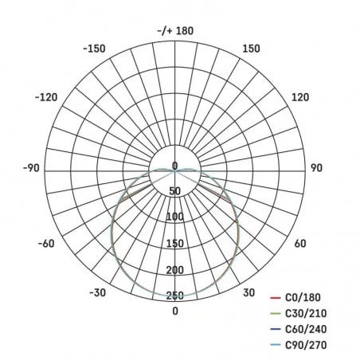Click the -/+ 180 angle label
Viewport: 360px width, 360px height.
[x=175, y=31]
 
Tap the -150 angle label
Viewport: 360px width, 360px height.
[x=94, y=49]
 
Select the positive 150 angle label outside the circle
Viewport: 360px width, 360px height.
[x=251, y=49]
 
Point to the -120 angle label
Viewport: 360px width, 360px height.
[x=47, y=97]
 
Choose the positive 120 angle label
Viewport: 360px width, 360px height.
[x=300, y=97]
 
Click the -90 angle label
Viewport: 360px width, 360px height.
[x=31, y=168]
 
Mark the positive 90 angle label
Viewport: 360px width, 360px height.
[x=315, y=168]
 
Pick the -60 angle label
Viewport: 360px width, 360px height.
[x=45, y=244]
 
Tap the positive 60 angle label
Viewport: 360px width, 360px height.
[x=300, y=244]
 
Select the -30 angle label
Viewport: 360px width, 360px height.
[x=98, y=293]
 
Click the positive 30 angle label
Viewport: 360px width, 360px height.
[x=248, y=293]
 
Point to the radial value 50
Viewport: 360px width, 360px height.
[x=175, y=190]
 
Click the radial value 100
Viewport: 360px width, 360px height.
[x=175, y=217]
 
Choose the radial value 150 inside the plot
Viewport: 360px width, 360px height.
[x=175, y=244]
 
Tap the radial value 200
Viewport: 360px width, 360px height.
[x=175, y=270]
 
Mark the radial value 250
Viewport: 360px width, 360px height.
[x=175, y=296]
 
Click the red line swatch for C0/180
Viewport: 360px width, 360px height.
[x=276, y=295]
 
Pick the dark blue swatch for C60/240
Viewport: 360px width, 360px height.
[x=276, y=328]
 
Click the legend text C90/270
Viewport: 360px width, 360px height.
[x=307, y=345]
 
